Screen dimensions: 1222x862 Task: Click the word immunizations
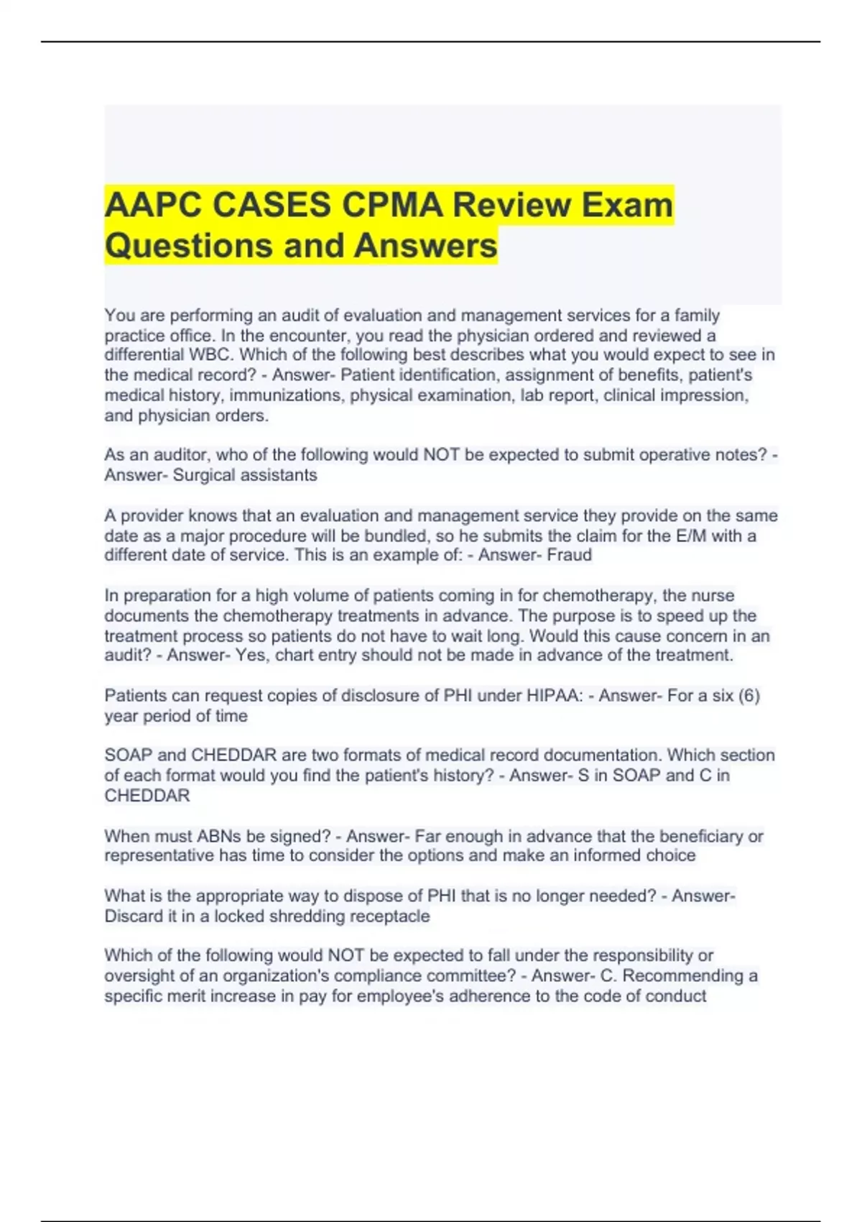tap(286, 395)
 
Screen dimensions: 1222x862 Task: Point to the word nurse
tap(713, 595)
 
